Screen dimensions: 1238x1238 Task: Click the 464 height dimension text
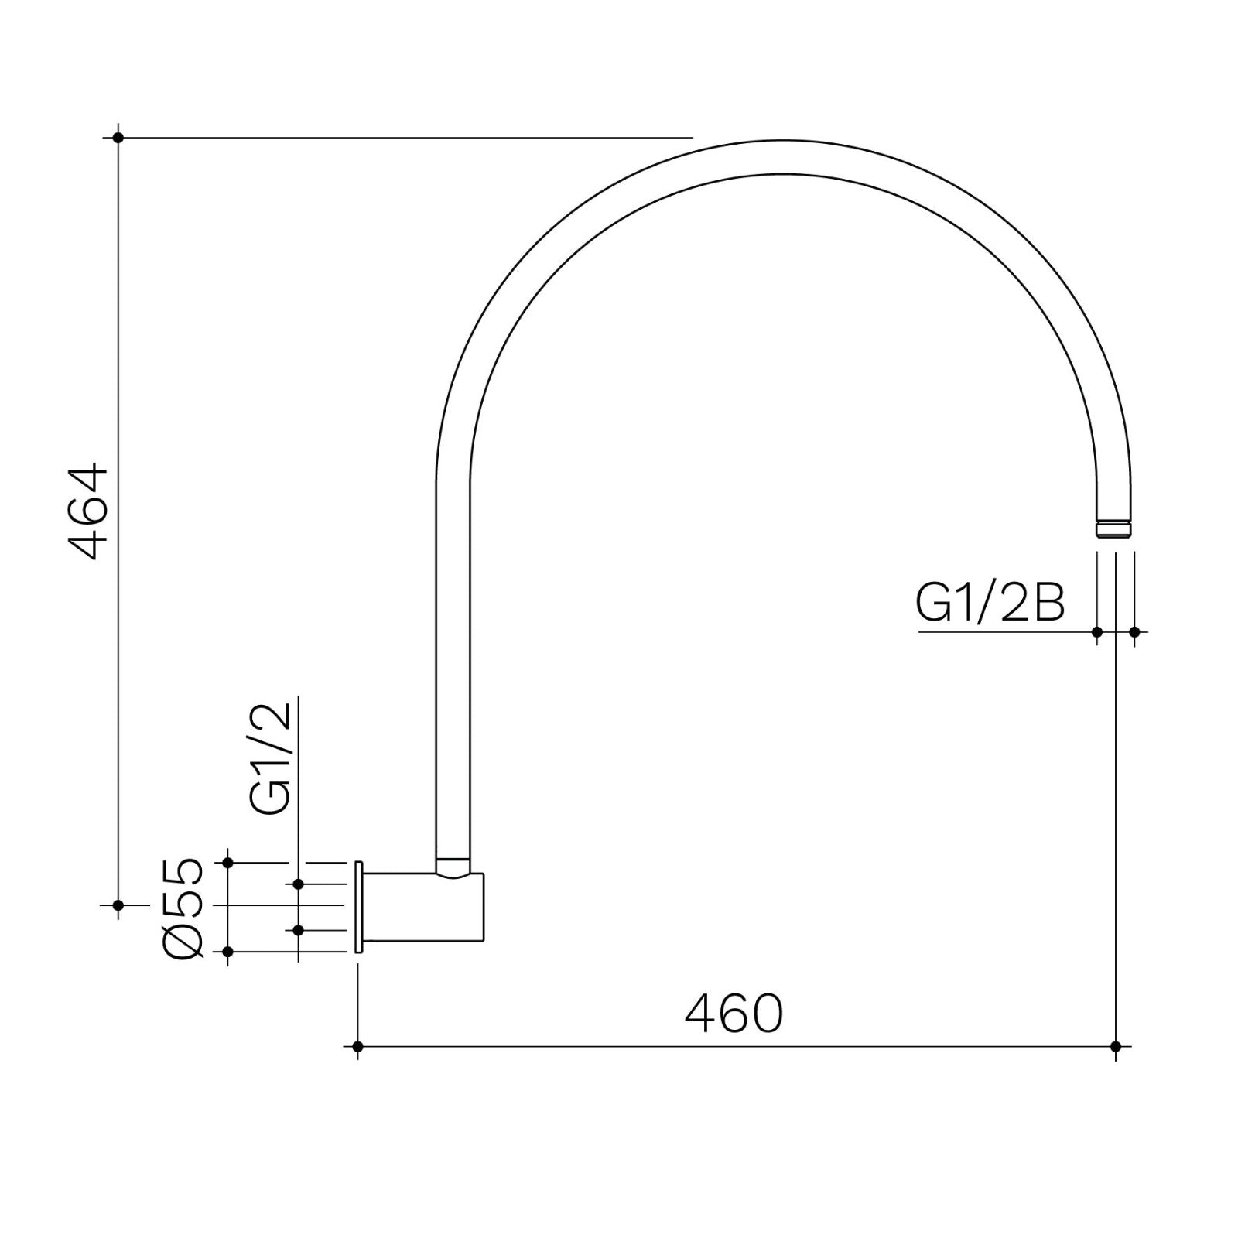tap(87, 511)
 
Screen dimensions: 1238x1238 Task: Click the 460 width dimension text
tap(734, 1014)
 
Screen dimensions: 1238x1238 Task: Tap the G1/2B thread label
tap(990, 604)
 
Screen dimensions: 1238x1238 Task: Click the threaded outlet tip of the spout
tap(1114, 529)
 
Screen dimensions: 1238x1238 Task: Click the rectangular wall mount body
tap(423, 908)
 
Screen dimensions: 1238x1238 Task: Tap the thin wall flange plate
tap(359, 906)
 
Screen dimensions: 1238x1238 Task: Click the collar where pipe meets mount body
tap(453, 865)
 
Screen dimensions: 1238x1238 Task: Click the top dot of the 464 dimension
tap(118, 138)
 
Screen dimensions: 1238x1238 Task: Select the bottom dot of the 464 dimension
tap(118, 905)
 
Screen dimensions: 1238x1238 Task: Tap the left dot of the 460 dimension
tap(357, 1047)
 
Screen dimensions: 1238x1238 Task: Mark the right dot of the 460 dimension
tap(1115, 1047)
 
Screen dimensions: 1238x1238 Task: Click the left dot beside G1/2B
tap(1096, 632)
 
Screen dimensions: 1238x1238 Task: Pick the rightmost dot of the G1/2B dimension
tap(1134, 632)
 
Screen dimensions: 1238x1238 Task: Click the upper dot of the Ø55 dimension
tap(227, 862)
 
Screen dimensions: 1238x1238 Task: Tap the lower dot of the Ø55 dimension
tap(227, 952)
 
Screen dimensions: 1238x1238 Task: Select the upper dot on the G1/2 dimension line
tap(298, 884)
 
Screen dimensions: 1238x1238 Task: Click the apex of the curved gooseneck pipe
tap(783, 157)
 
